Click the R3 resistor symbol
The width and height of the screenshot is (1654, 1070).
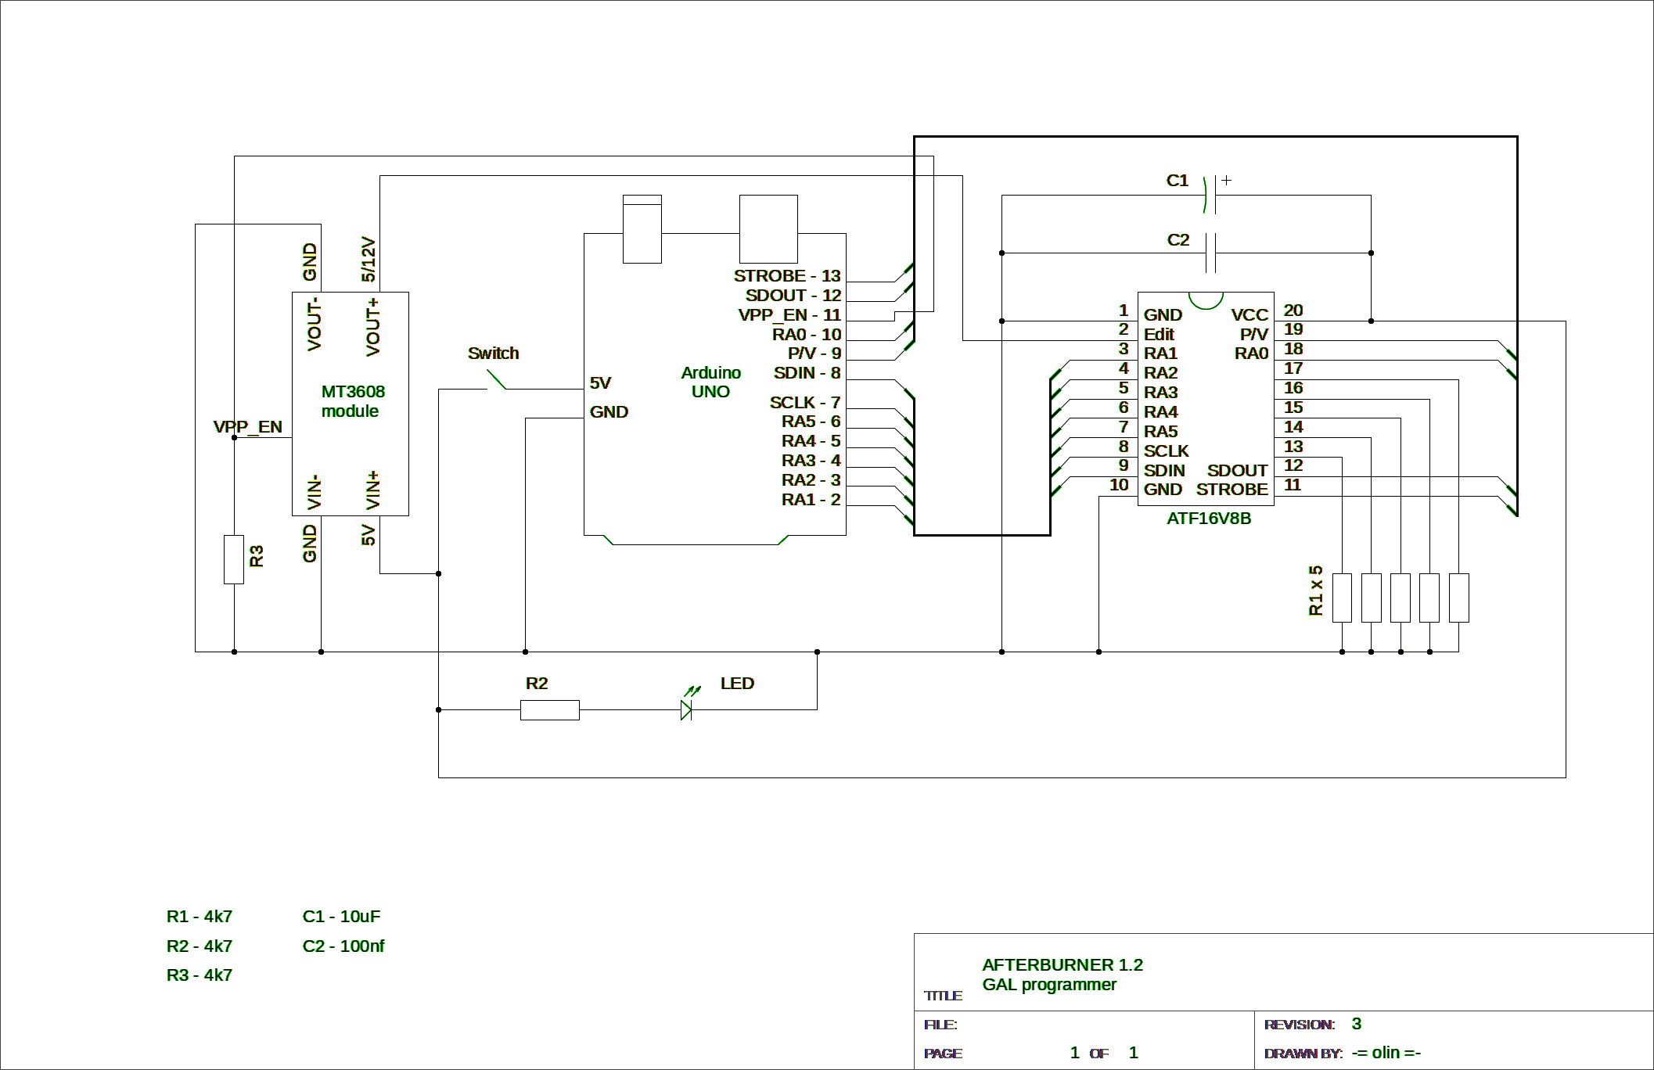click(x=233, y=559)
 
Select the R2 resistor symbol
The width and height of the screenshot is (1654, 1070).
click(x=549, y=709)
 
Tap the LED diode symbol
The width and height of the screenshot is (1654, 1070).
click(x=686, y=709)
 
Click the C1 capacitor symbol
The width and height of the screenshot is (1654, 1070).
click(x=1210, y=195)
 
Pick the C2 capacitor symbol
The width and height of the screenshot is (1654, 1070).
click(x=1210, y=253)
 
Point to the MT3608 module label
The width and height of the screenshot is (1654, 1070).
click(x=352, y=401)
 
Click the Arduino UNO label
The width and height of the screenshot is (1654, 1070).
click(x=710, y=382)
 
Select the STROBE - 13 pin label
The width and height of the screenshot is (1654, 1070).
click(x=786, y=276)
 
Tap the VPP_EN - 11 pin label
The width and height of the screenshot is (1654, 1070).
click(x=789, y=314)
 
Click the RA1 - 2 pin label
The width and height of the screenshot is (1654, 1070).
click(x=811, y=499)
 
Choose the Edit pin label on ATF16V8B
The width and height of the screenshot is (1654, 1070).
click(x=1159, y=334)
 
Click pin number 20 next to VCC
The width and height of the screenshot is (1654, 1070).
click(x=1293, y=311)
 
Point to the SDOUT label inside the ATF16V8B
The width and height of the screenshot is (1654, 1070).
click(x=1237, y=470)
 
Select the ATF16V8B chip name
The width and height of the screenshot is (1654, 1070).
click(x=1209, y=519)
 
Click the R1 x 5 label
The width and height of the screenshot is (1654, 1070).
click(x=1315, y=591)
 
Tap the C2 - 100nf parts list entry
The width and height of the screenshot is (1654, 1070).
click(x=343, y=946)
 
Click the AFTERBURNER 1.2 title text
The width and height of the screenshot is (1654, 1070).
click(x=1062, y=964)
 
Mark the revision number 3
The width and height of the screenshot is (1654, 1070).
click(x=1356, y=1024)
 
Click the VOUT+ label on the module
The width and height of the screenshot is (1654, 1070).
click(x=372, y=327)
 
